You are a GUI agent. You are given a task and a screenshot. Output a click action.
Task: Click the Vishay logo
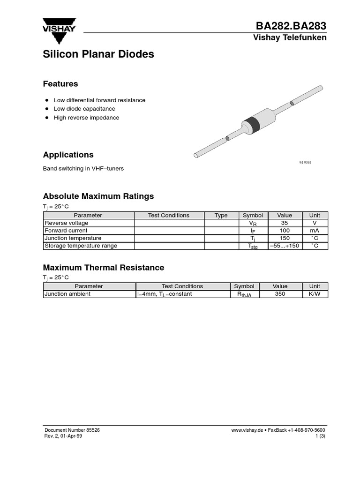[x=60, y=25]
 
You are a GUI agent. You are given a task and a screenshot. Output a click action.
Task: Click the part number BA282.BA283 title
[x=291, y=26]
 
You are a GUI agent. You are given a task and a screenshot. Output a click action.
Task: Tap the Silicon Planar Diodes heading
[x=98, y=54]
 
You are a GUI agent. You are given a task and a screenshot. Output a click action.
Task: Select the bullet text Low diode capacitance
[x=84, y=109]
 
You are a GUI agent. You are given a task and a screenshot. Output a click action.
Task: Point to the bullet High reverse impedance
[x=86, y=118]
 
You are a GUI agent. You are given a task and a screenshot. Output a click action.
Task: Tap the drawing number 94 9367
[x=305, y=162]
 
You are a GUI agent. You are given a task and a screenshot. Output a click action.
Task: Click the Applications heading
[x=68, y=155]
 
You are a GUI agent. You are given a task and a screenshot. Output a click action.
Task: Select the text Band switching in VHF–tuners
[x=83, y=168]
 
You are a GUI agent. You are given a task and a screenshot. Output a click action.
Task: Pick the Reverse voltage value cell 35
[x=285, y=223]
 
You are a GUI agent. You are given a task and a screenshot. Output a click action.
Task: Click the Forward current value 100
[x=285, y=231]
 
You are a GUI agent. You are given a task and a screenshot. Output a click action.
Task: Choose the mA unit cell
[x=315, y=231]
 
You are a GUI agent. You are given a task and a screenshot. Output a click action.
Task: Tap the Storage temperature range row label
[x=81, y=246]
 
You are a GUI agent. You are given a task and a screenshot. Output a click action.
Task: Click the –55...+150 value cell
[x=285, y=246]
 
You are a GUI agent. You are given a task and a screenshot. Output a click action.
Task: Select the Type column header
[x=221, y=216]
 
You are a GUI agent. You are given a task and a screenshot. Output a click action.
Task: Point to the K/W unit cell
[x=315, y=294]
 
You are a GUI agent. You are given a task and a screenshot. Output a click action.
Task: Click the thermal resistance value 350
[x=280, y=294]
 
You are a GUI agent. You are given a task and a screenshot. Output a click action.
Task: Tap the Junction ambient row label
[x=67, y=294]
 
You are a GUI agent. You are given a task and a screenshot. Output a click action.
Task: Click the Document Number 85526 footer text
[x=72, y=430]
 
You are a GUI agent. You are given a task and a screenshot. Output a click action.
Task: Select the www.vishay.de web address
[x=247, y=430]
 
